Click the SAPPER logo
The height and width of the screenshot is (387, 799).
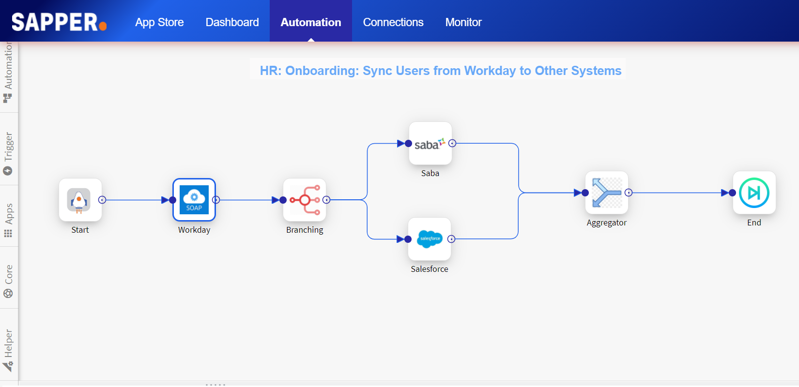tap(59, 22)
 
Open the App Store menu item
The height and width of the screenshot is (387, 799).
tap(159, 22)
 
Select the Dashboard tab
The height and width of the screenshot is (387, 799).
tap(232, 22)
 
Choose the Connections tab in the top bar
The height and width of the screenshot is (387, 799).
tap(393, 22)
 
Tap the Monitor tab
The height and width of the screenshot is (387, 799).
tap(463, 22)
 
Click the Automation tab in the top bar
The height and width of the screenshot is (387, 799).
tap(311, 22)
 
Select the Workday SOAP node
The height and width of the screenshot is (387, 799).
tap(194, 200)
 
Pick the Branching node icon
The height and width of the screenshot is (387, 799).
tap(305, 200)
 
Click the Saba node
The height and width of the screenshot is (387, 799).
tap(430, 143)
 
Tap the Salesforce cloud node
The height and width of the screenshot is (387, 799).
tap(430, 239)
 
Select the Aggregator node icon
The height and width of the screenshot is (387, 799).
tap(607, 193)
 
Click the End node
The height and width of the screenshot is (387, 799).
tap(754, 193)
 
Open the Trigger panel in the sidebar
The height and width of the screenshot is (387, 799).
tap(8, 152)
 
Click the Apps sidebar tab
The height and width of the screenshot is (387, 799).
tap(8, 220)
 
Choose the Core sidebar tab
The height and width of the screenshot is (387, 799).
tap(8, 281)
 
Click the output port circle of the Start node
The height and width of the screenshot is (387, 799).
tap(102, 200)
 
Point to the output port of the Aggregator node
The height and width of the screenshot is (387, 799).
tap(629, 193)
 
